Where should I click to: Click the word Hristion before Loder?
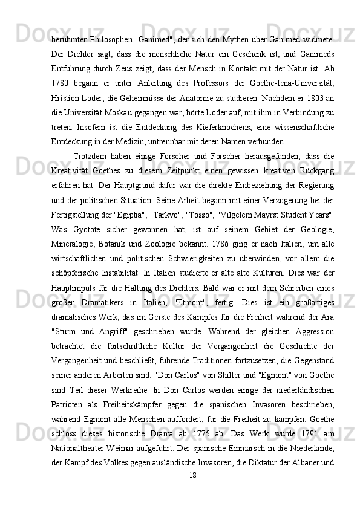[67, 96]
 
